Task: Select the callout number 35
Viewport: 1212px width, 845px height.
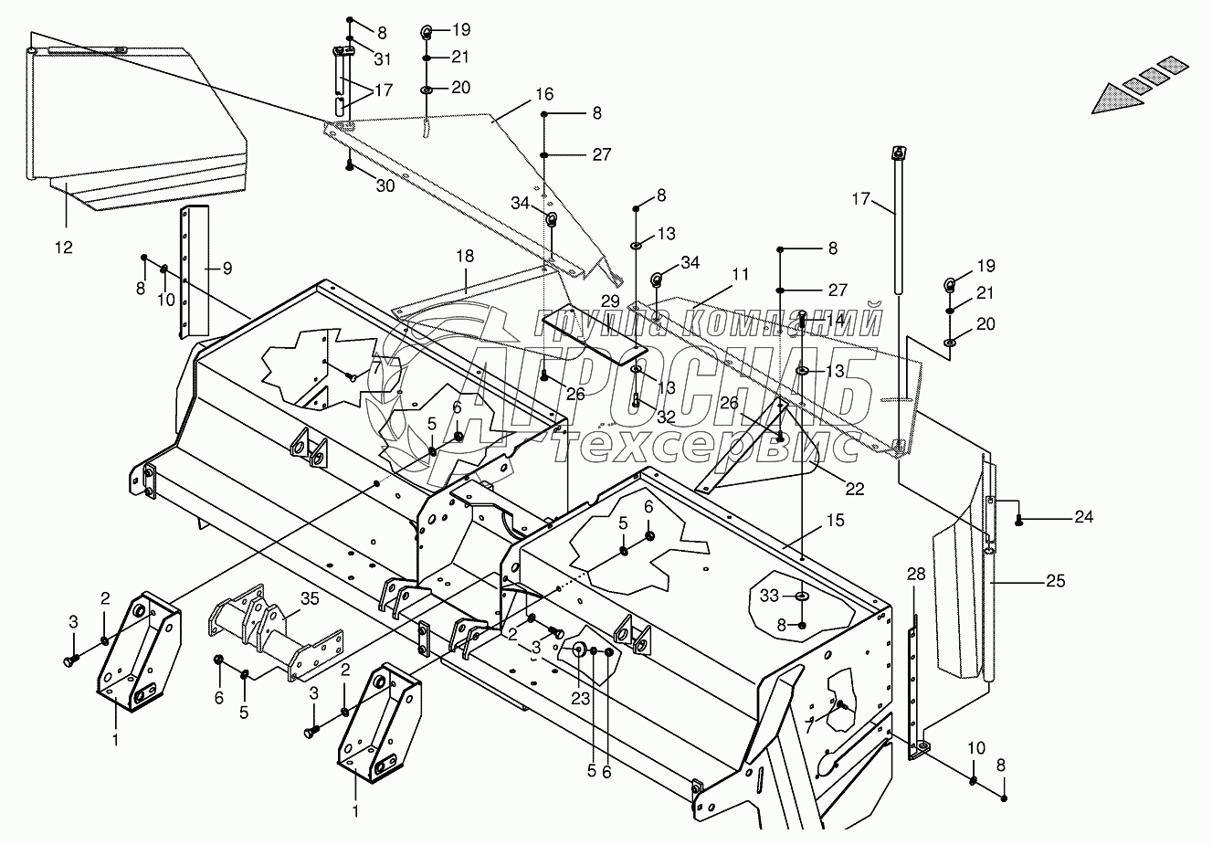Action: coord(311,600)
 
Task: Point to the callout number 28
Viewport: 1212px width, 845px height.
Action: coord(916,574)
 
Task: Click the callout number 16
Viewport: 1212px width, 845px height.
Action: coord(544,94)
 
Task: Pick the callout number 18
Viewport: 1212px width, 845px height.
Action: coord(466,258)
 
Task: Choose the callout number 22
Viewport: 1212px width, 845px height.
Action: coord(854,489)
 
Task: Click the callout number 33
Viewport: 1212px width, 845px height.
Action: coord(770,596)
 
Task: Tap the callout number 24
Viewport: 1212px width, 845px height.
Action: coord(1083,517)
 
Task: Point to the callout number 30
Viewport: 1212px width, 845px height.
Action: coord(385,185)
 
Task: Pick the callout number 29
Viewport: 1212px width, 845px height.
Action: coord(610,301)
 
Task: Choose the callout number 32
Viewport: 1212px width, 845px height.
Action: coord(666,417)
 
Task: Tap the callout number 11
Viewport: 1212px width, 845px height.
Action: coord(740,273)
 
